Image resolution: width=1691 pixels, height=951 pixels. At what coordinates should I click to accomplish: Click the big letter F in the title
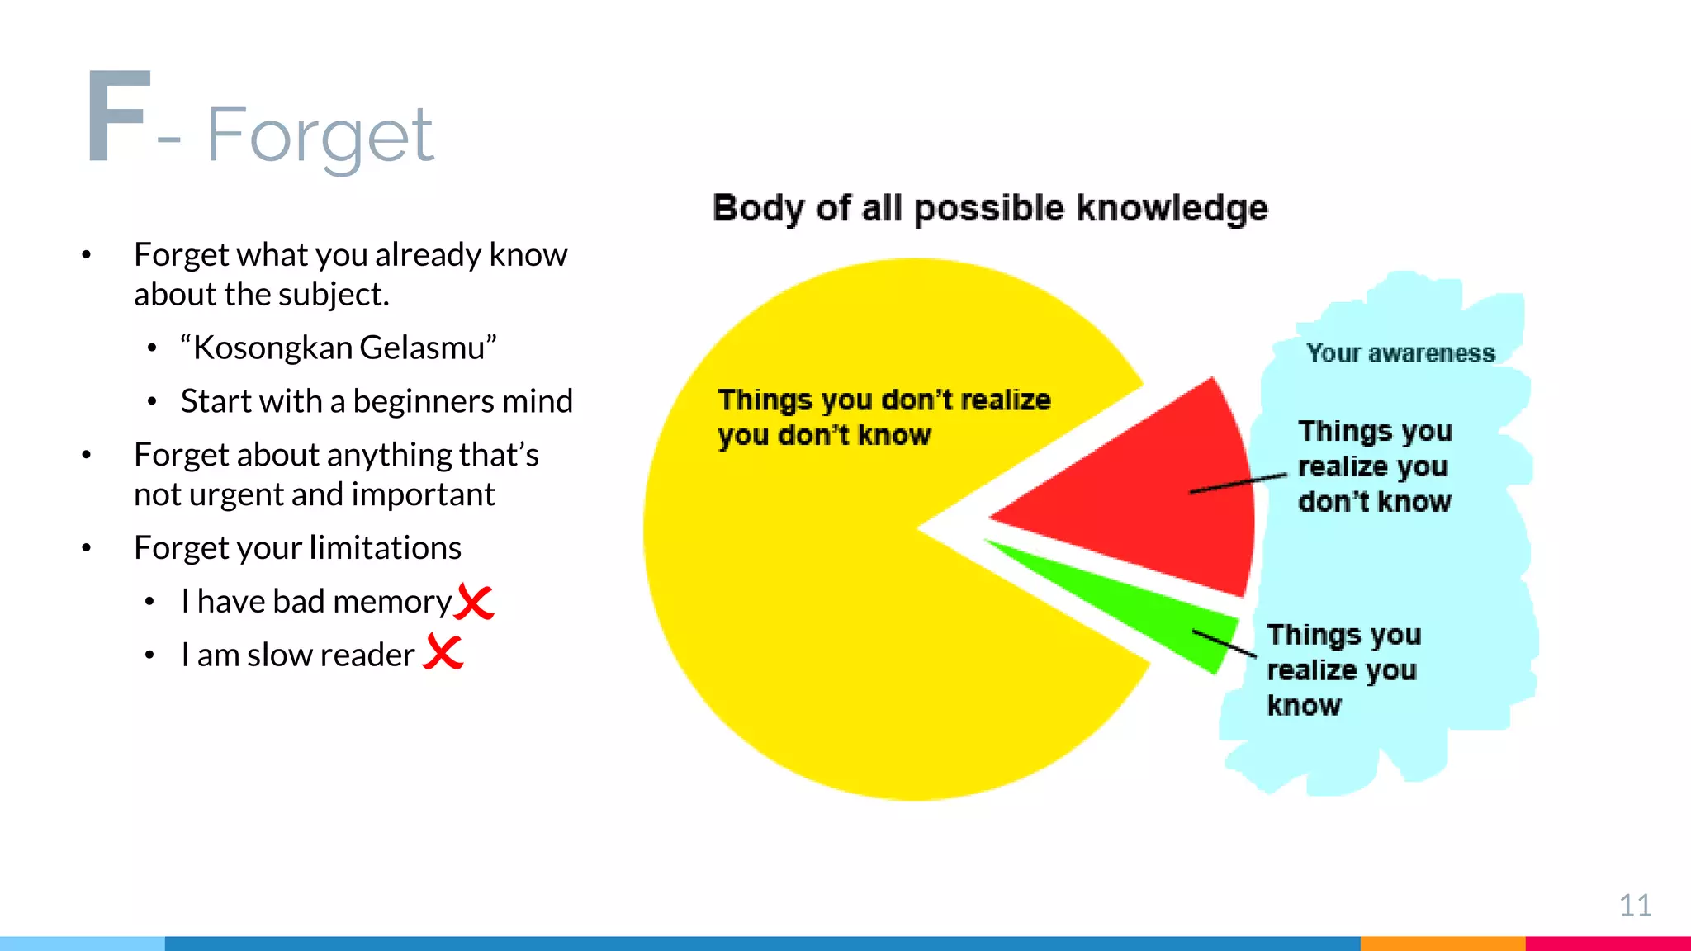point(118,117)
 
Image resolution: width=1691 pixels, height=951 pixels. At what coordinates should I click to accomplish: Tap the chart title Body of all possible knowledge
point(989,208)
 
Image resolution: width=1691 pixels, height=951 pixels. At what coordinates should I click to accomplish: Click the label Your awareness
point(1400,353)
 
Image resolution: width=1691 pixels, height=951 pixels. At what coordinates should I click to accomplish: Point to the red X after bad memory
point(474,602)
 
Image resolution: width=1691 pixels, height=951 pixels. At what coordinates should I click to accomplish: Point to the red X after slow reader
point(443,652)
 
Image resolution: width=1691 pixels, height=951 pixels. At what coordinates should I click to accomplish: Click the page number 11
point(1635,906)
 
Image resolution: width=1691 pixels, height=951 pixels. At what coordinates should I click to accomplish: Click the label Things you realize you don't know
point(1374,466)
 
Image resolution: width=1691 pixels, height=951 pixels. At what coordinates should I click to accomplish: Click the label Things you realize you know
point(1343,669)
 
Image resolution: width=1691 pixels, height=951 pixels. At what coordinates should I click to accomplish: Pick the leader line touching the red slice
point(1239,484)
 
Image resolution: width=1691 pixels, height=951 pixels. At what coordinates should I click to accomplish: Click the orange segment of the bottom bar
point(1442,943)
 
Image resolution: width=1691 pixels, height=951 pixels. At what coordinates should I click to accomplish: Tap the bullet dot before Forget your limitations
point(87,548)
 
